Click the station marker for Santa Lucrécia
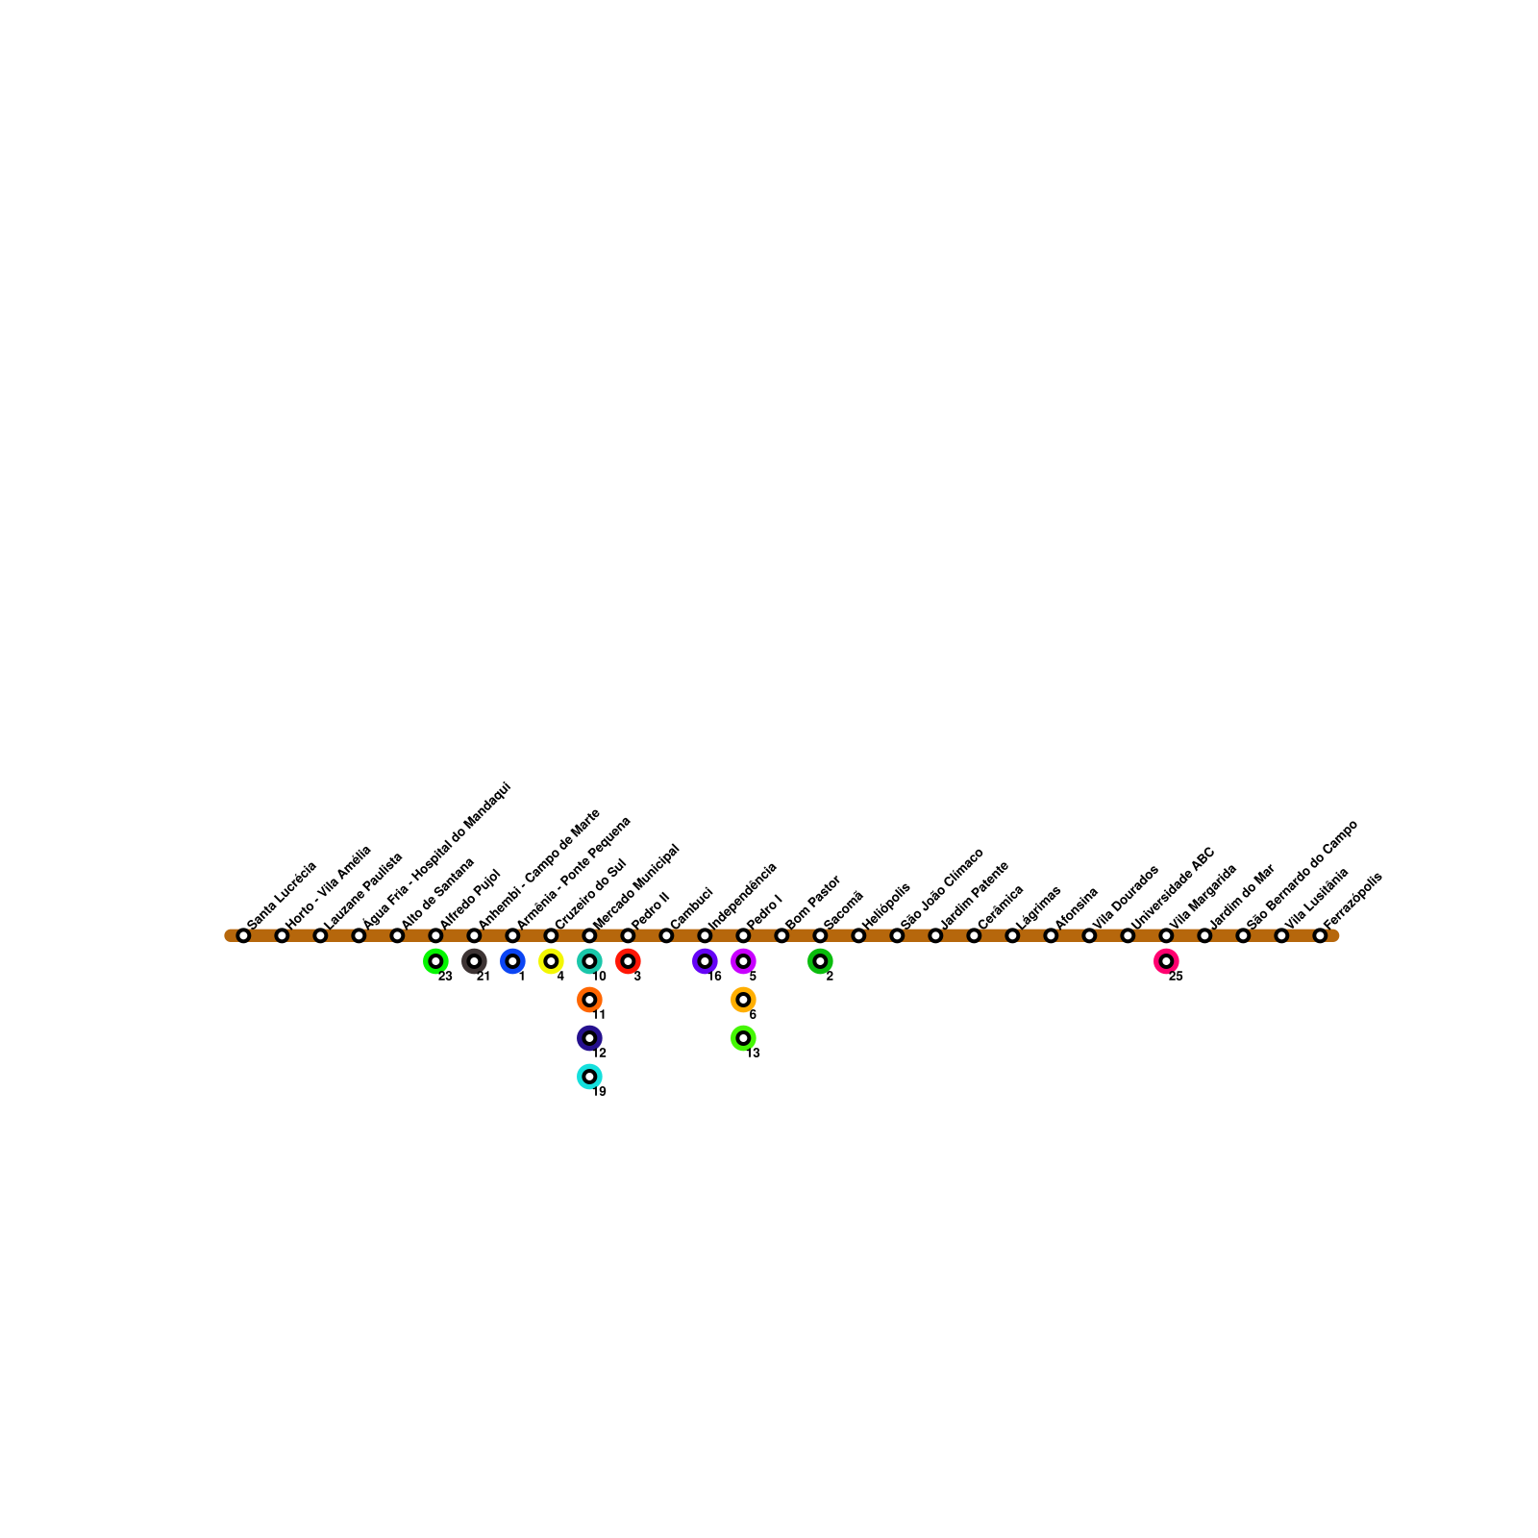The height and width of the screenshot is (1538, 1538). (x=243, y=935)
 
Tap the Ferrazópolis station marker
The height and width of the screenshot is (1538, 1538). (x=1320, y=935)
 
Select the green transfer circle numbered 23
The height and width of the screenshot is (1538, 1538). (x=435, y=961)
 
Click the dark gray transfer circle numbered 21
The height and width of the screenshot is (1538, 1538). (x=474, y=961)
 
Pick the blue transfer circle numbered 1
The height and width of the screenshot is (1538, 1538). (x=512, y=961)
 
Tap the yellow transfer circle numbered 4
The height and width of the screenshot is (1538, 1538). (x=551, y=961)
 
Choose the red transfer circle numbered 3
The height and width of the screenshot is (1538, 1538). (x=628, y=961)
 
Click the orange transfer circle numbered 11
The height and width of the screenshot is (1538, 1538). (x=589, y=1000)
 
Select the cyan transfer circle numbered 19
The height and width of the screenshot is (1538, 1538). (x=589, y=1077)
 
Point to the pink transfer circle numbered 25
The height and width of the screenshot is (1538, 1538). (x=1166, y=961)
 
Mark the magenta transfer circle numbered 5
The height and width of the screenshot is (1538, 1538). (x=743, y=961)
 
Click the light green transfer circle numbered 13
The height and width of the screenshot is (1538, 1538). (x=743, y=1038)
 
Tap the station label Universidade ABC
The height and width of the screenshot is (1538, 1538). (x=1174, y=888)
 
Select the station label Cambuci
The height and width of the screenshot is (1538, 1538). (x=691, y=907)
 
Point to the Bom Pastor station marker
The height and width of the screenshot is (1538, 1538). (x=781, y=935)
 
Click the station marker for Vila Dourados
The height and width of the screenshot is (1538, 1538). (x=1089, y=935)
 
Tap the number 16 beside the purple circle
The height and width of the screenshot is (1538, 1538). (x=714, y=977)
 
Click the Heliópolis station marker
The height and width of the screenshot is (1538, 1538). (x=858, y=935)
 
